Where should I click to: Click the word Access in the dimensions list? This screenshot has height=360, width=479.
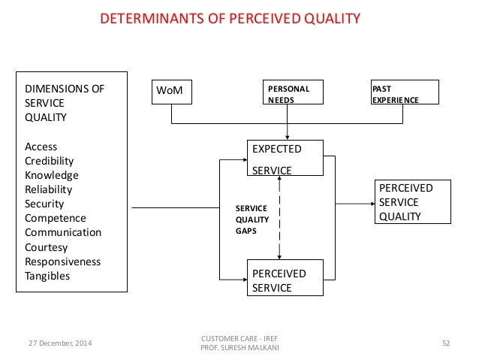pyautogui.click(x=41, y=147)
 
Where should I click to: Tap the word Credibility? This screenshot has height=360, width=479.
pyautogui.click(x=50, y=161)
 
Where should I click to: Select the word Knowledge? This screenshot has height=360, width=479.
pyautogui.click(x=52, y=175)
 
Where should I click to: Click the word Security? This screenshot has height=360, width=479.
pyautogui.click(x=44, y=204)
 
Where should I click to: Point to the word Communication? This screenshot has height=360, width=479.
pyautogui.click(x=63, y=232)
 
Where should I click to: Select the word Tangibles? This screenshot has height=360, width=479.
pyautogui.click(x=47, y=276)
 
